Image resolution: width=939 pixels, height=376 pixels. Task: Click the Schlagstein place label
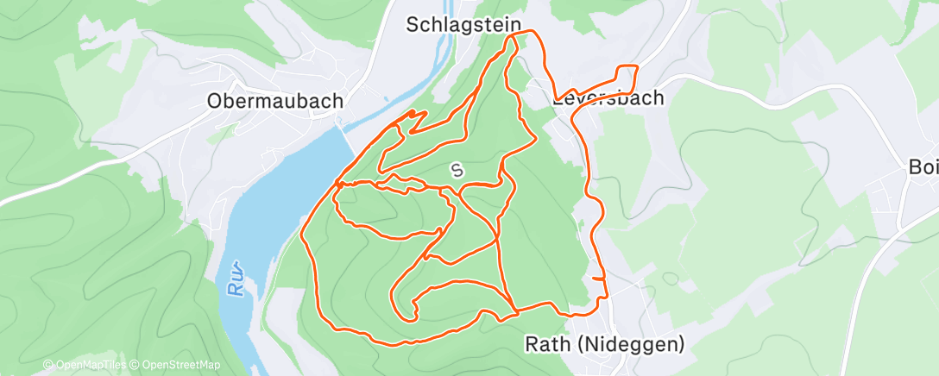tap(463, 26)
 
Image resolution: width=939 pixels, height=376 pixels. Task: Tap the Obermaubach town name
tap(274, 101)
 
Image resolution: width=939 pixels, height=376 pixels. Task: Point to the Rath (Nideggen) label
tap(604, 344)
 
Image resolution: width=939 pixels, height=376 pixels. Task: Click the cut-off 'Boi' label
tap(923, 167)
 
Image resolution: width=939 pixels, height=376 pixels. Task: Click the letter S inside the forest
tap(457, 171)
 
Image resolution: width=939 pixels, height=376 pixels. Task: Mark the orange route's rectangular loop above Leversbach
tap(625, 78)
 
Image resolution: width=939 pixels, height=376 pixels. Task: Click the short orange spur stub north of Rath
tap(597, 279)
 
